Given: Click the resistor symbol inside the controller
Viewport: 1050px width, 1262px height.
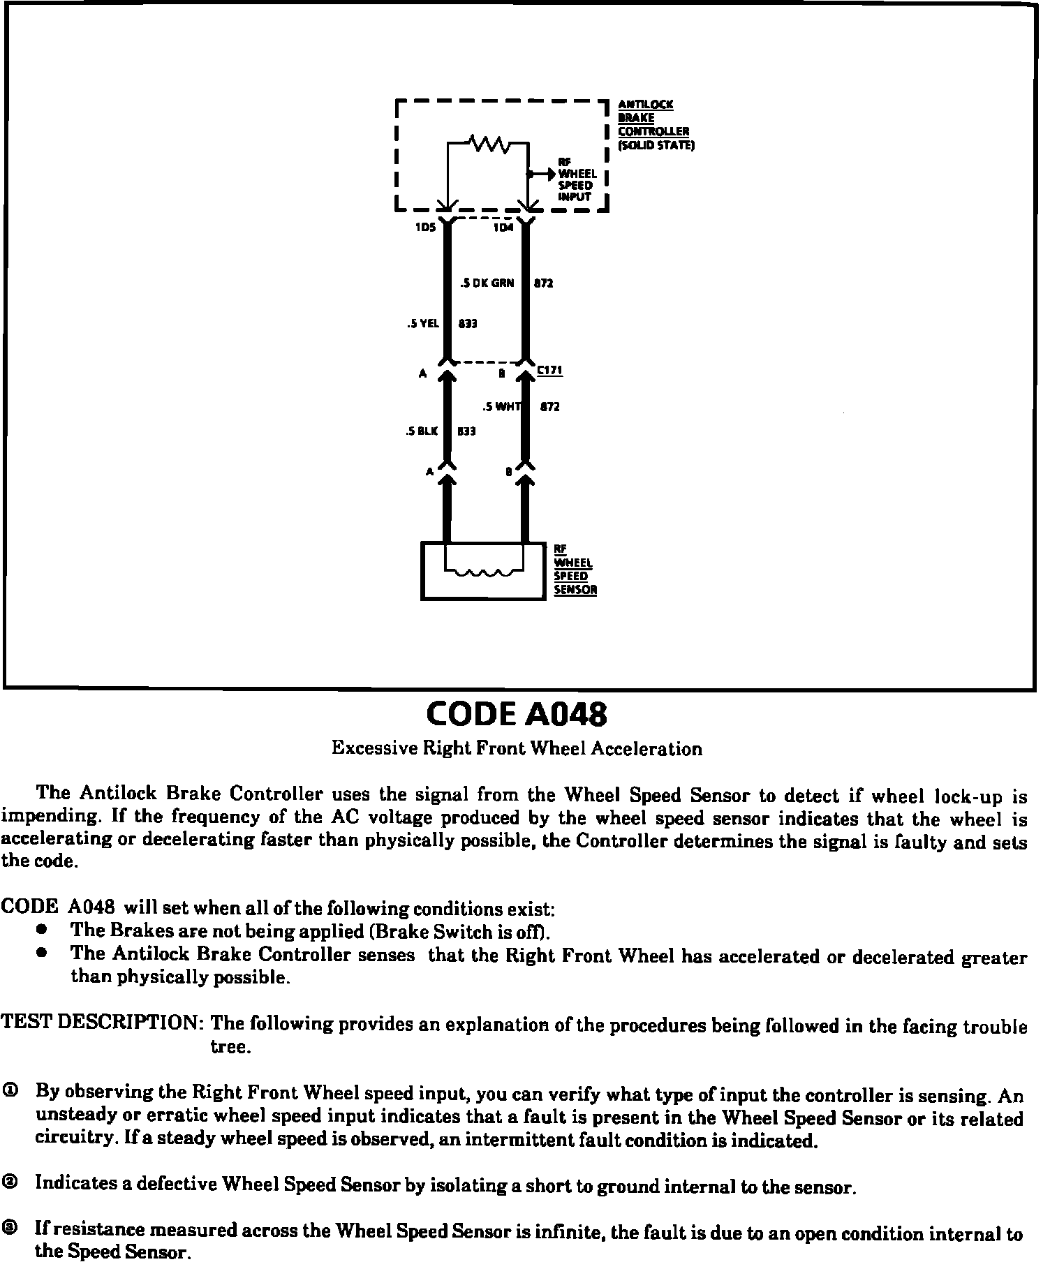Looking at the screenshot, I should (492, 144).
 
